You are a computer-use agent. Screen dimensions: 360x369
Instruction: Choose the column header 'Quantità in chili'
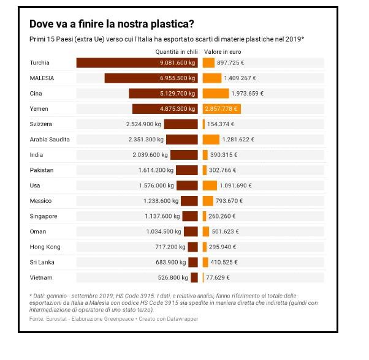(176, 52)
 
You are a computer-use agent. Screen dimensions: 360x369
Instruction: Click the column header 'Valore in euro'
(222, 52)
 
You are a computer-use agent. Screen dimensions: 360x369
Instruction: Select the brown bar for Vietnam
(194, 277)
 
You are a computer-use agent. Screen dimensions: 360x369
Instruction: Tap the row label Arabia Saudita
(50, 139)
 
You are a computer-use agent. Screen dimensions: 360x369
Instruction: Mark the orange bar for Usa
(209, 185)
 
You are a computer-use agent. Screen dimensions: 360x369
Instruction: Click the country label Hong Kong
(45, 247)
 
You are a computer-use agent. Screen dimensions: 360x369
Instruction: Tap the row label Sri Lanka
(42, 262)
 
